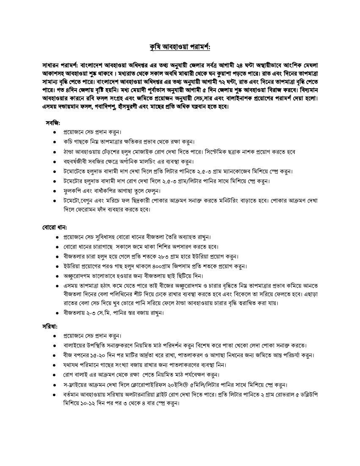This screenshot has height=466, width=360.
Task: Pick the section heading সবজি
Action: click(53, 123)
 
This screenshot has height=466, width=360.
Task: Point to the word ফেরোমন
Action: click(85, 209)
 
